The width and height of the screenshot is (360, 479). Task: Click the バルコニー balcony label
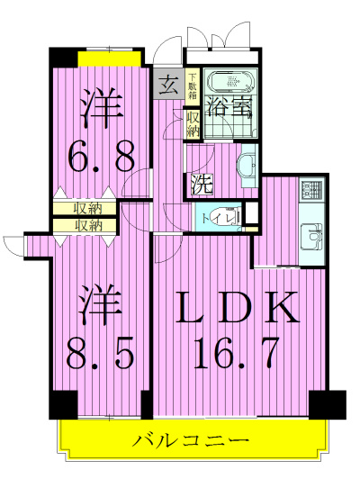(x=190, y=440)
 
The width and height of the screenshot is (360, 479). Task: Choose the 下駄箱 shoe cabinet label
(x=192, y=86)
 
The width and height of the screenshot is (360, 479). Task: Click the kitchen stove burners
(x=312, y=190)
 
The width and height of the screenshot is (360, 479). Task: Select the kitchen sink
(x=312, y=237)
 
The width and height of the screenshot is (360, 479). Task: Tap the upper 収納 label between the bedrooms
(x=87, y=209)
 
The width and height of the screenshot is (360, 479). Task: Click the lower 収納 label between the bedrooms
(x=87, y=225)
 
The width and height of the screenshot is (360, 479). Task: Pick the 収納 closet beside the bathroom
(x=193, y=122)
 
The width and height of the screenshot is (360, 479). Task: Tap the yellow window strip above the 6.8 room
(x=109, y=58)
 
